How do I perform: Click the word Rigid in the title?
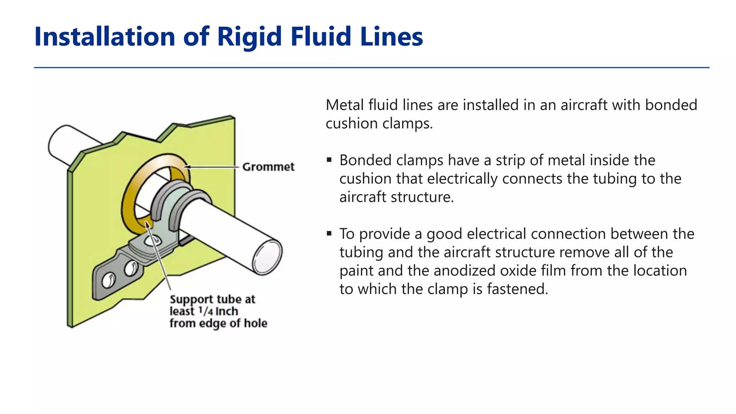tap(249, 37)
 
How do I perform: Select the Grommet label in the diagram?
tap(268, 167)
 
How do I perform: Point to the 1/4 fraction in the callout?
tap(206, 311)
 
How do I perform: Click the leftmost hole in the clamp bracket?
tap(107, 281)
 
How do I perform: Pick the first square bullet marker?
tap(329, 160)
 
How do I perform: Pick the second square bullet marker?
tap(329, 233)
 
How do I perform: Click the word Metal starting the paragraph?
tap(345, 105)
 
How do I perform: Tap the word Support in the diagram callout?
tap(192, 299)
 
